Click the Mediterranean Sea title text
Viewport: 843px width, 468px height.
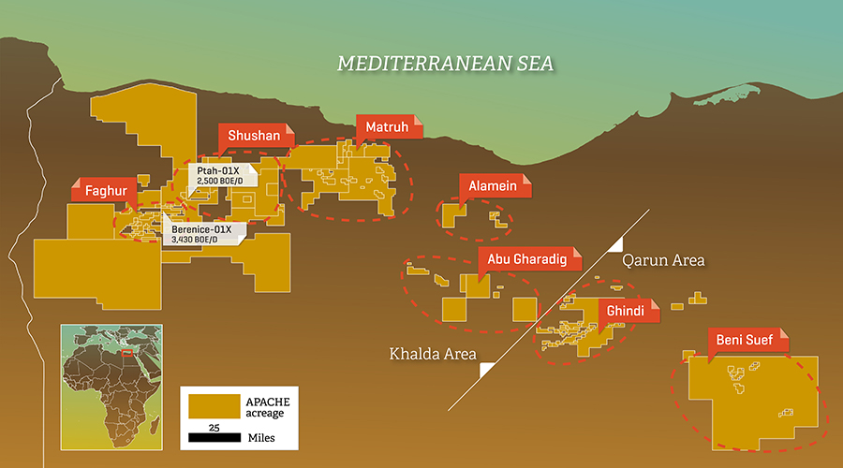[x=446, y=64]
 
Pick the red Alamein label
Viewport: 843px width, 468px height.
[x=493, y=186]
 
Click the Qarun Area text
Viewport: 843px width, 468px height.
[x=665, y=259]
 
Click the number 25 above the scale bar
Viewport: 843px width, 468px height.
[x=214, y=426]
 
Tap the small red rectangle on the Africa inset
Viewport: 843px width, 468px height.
[x=127, y=354]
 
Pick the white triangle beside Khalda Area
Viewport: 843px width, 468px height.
[x=487, y=370]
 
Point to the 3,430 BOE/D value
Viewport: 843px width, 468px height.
[x=190, y=240]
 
